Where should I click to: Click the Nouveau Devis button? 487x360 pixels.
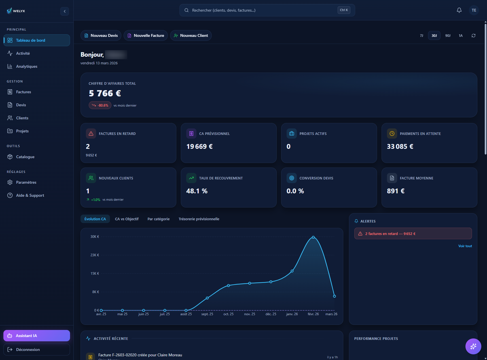tap(101, 35)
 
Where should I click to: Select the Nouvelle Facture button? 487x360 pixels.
tap(146, 35)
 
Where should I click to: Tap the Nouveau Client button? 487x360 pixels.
tap(191, 35)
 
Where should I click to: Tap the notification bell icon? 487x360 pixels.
tap(459, 10)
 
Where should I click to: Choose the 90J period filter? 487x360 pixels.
tap(448, 35)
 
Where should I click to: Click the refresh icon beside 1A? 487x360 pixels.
tap(473, 35)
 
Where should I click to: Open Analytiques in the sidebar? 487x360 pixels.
tap(27, 66)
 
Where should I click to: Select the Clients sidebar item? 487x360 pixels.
tap(22, 118)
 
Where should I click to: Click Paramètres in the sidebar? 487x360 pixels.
tap(26, 182)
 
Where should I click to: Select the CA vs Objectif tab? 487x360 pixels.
tap(127, 219)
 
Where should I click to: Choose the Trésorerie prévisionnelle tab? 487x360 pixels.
tap(199, 219)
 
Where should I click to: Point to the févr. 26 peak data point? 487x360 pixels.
tap(313, 237)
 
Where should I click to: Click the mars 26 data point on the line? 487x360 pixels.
tap(334, 296)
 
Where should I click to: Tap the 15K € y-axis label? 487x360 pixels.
tap(95, 274)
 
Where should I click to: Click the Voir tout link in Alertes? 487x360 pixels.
tap(465, 246)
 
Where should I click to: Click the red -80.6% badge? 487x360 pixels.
tap(100, 105)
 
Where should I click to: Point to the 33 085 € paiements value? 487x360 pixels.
tap(400, 147)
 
